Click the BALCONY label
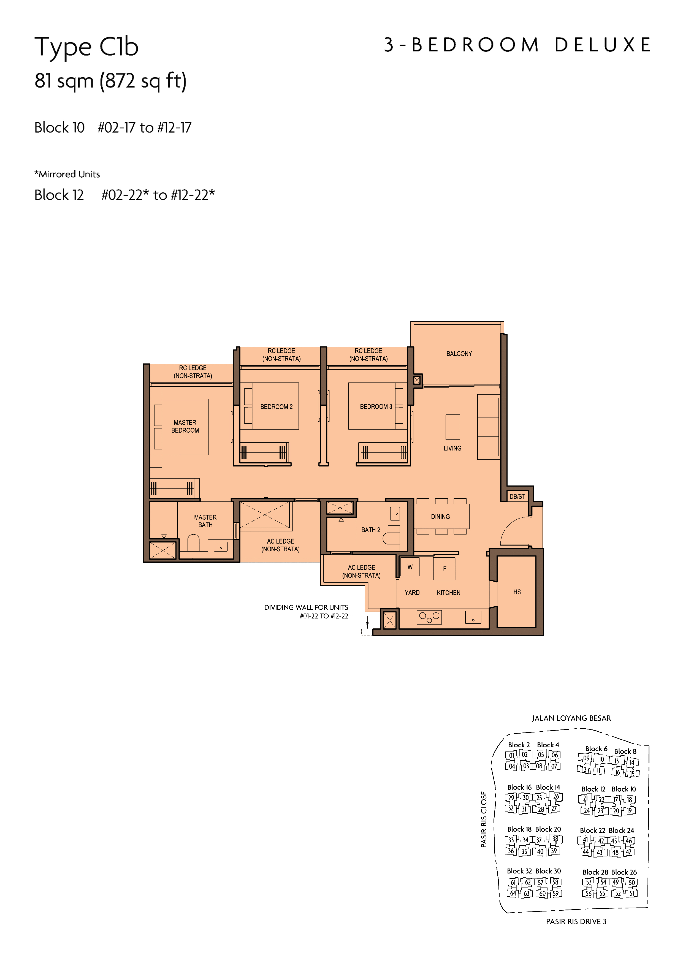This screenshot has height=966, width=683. (x=459, y=354)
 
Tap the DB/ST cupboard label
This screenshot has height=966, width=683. (x=517, y=496)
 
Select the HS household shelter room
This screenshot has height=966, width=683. (x=517, y=592)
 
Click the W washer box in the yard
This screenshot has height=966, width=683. (x=410, y=567)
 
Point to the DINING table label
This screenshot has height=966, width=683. (x=440, y=517)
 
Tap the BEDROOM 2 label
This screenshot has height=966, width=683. (x=276, y=407)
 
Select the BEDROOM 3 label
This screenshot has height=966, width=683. (x=376, y=406)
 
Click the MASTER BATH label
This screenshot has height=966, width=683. (x=205, y=521)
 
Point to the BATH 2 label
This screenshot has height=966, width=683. (x=371, y=530)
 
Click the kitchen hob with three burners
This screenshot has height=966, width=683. (x=429, y=617)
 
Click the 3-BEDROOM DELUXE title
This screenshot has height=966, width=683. (x=517, y=45)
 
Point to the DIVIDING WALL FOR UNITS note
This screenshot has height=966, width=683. (x=306, y=607)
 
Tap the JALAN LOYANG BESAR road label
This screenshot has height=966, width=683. (x=571, y=718)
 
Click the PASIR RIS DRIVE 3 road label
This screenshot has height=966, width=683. (x=576, y=921)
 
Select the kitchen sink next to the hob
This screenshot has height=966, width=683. (x=473, y=617)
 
